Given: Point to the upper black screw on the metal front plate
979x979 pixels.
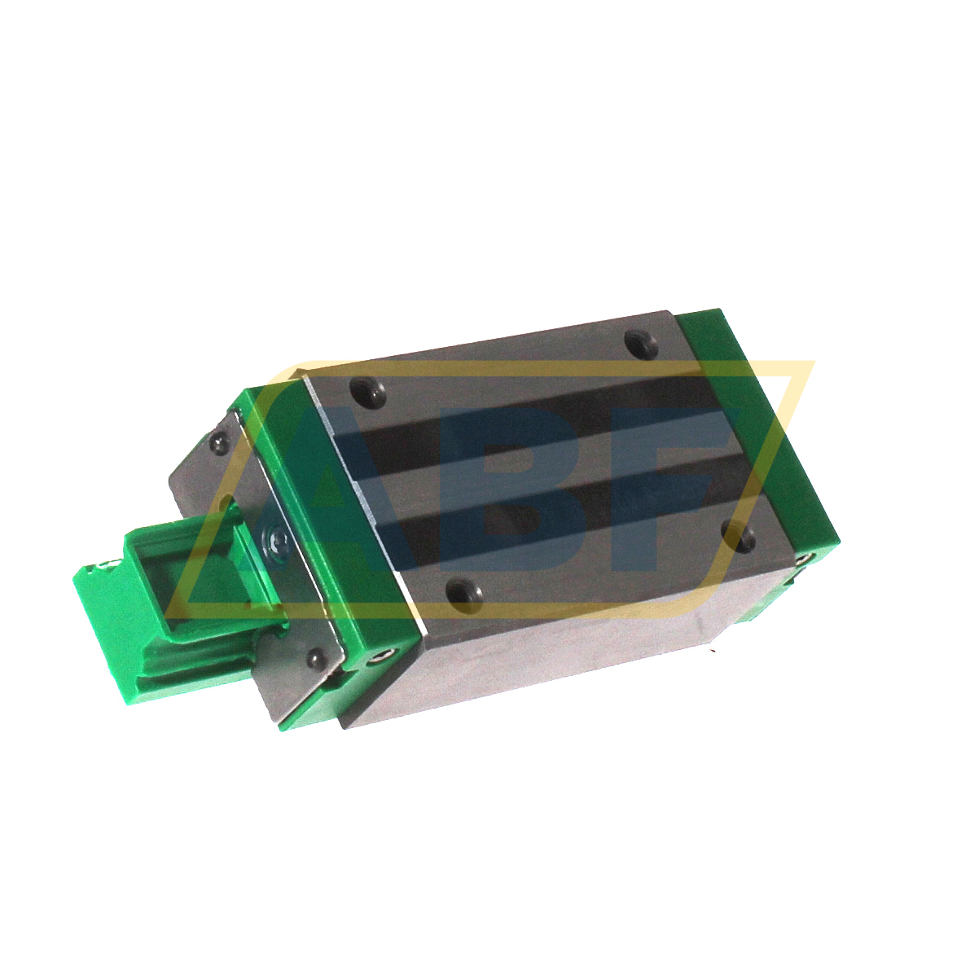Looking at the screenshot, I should pos(218,442).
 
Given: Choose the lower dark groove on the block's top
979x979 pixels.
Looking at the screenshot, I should pos(570,497).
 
